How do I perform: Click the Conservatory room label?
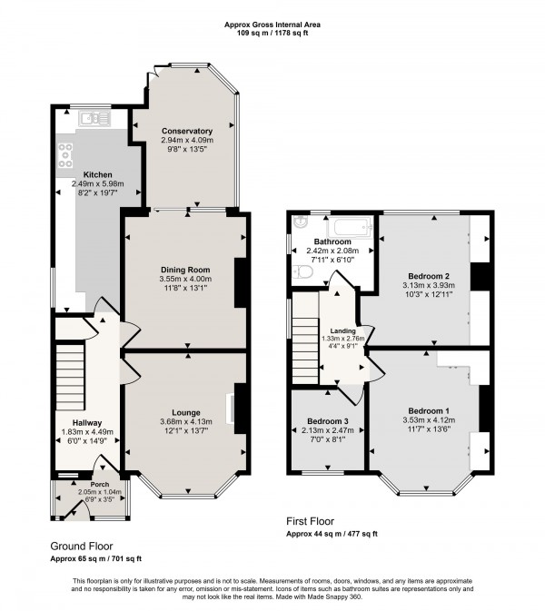coord(186,131)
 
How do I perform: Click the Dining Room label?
coord(185,270)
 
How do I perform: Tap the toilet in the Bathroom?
coord(302,271)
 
